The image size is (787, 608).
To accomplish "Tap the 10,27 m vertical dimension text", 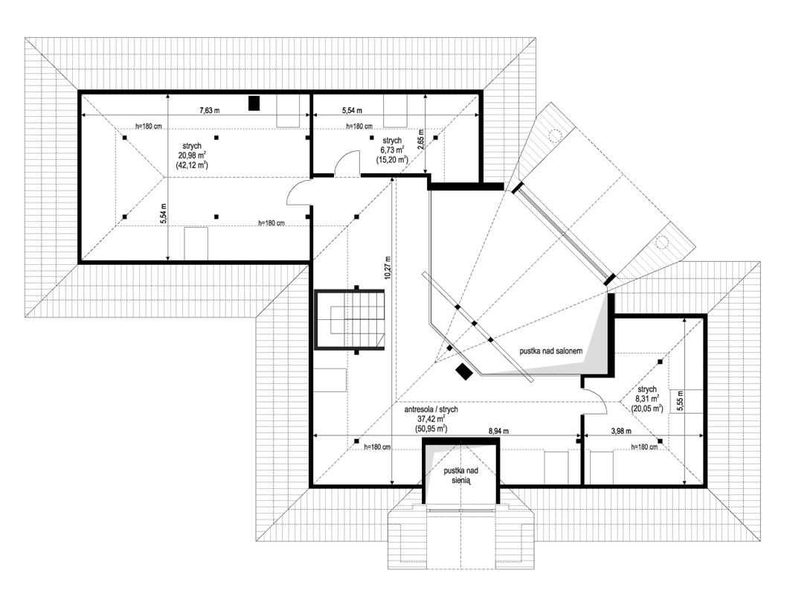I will pyautogui.click(x=388, y=263).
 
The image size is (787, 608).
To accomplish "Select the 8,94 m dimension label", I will pyautogui.click(x=499, y=431).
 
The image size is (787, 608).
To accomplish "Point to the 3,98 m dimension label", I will pyautogui.click(x=620, y=431).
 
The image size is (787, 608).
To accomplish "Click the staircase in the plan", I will pyautogui.click(x=350, y=319).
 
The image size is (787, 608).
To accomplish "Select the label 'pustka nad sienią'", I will pyautogui.click(x=461, y=476).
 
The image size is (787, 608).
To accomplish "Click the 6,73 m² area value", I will pyautogui.click(x=392, y=150).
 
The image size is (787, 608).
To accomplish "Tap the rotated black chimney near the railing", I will pyautogui.click(x=464, y=371).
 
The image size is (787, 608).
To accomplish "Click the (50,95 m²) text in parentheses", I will pyautogui.click(x=431, y=429).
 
